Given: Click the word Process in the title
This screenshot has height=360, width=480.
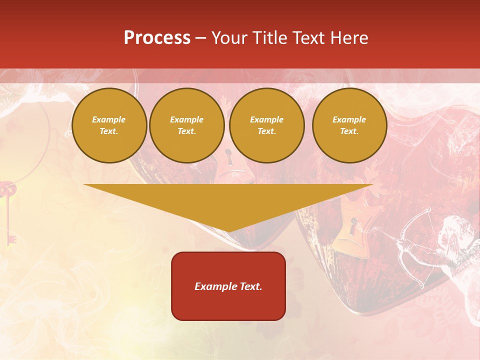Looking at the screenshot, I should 157,38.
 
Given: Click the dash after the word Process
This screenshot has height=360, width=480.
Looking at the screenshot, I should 200,38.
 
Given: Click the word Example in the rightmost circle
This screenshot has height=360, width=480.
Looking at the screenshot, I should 349,119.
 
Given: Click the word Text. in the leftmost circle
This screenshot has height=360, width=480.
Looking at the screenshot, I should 109,131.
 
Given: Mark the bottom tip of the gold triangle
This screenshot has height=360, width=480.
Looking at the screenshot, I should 228,231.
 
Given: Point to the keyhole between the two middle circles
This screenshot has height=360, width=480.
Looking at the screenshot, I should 228,157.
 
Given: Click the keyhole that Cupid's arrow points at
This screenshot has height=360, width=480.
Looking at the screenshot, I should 354,227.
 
